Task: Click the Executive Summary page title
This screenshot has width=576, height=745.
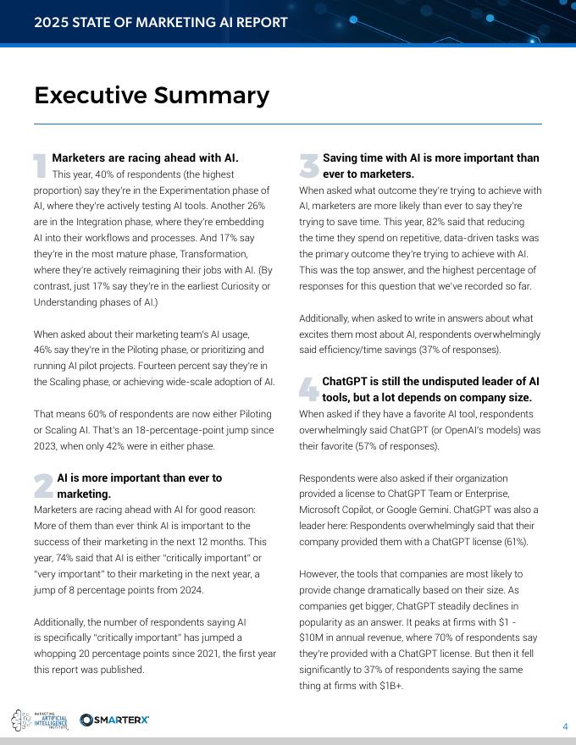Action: pos(152,96)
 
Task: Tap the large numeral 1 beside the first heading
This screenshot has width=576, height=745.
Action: pos(39,166)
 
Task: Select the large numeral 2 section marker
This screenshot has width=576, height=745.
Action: pos(42,485)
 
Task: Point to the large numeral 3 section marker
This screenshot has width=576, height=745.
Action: pos(308,166)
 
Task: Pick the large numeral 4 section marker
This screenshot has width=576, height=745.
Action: pos(308,389)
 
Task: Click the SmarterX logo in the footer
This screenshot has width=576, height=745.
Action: pos(114,720)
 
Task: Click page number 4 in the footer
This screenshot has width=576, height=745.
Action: pos(565,726)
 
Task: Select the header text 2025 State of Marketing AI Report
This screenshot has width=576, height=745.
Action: pos(161,22)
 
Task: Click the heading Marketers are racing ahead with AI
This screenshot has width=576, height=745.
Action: pos(145,158)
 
